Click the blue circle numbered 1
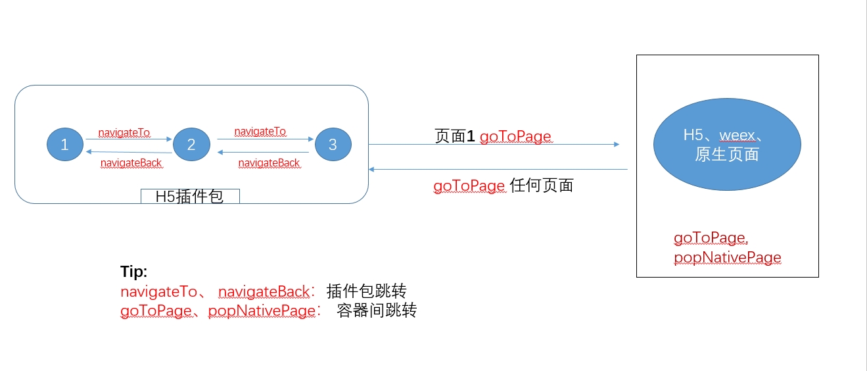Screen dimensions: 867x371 [65, 145]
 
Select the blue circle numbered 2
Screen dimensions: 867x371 [191, 145]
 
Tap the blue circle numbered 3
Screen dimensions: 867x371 [333, 145]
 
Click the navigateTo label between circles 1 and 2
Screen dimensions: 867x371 [124, 132]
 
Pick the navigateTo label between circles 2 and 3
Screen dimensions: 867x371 [260, 132]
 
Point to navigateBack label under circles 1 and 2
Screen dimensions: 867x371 [131, 163]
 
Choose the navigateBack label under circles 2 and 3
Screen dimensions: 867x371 [269, 163]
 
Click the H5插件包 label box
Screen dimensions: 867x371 [190, 196]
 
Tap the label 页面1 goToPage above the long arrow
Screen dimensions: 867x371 [493, 136]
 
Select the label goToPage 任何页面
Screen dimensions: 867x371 [503, 185]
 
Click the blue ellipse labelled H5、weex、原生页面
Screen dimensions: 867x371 [727, 144]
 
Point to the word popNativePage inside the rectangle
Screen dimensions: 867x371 [727, 257]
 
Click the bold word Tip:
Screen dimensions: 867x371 [133, 272]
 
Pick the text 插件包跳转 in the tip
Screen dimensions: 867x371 [366, 291]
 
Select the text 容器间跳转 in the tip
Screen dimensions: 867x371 [377, 310]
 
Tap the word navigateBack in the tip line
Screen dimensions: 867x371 [264, 291]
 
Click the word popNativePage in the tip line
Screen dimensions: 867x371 [262, 311]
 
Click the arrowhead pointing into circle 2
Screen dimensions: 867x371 [169, 139]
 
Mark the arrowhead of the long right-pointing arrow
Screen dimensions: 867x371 [617, 145]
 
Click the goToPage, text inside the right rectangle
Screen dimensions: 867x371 [711, 237]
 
